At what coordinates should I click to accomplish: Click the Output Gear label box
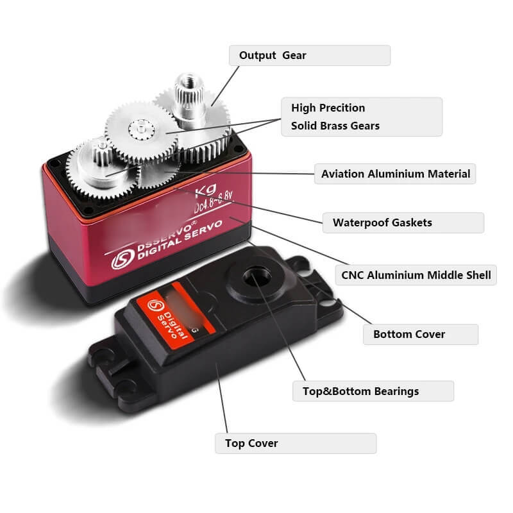pos(309,55)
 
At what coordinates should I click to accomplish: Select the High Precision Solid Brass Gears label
pos(362,117)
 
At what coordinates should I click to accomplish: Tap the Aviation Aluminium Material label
pos(395,174)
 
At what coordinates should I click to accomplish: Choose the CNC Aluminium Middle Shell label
pos(416,275)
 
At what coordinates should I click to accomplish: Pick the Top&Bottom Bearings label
pos(373,391)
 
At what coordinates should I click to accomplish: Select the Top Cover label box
pos(295,443)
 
